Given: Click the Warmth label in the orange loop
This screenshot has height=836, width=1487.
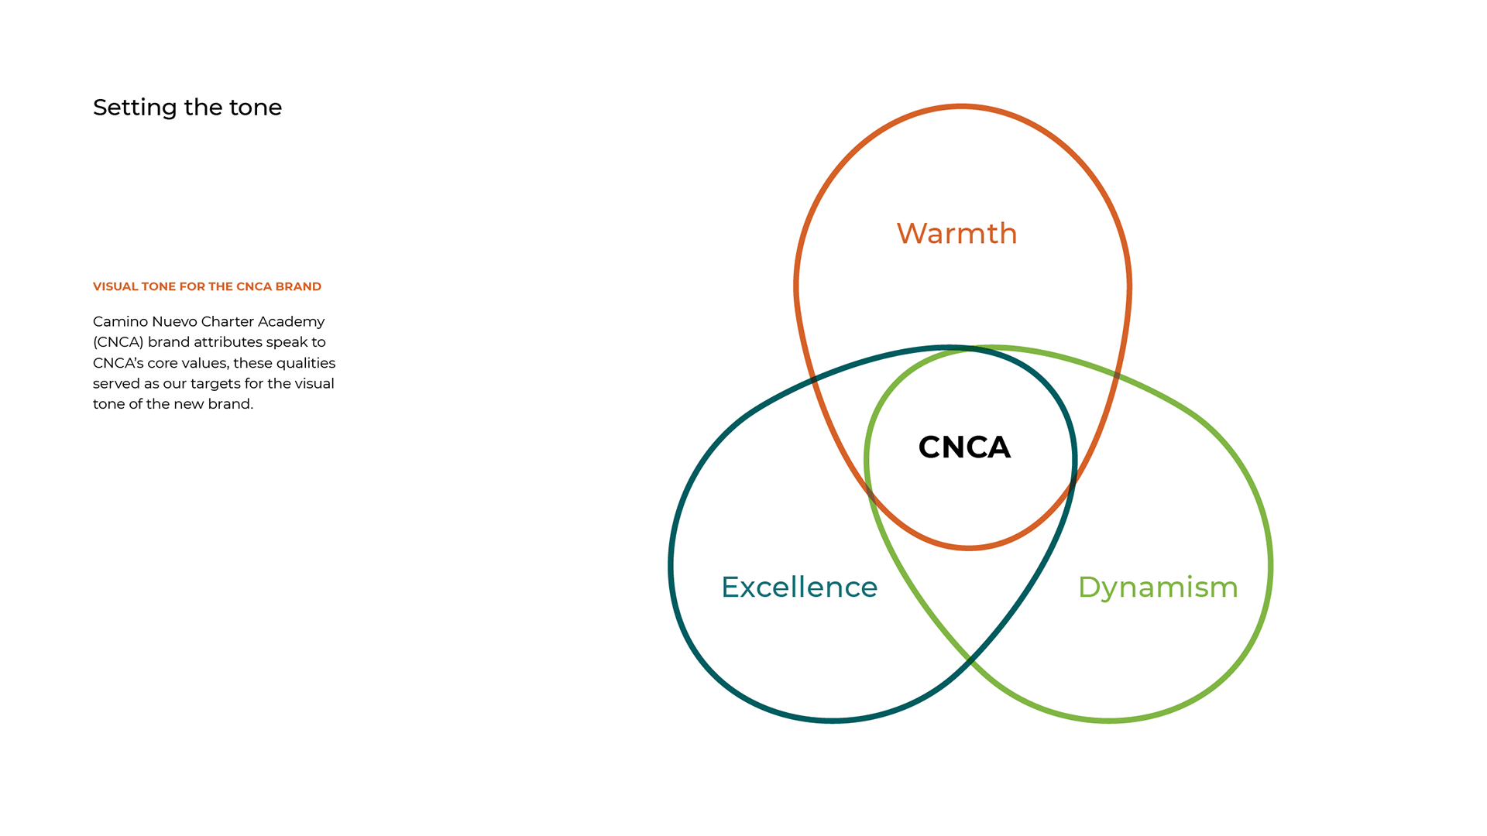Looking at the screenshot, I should [x=956, y=234].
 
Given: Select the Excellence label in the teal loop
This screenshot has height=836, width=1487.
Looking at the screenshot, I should [x=799, y=588].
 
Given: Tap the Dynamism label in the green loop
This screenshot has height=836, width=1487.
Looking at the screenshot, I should [x=1158, y=588].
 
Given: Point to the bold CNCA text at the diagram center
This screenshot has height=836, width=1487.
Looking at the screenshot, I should [x=964, y=447].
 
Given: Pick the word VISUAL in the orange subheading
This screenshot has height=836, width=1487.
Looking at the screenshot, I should [x=115, y=286].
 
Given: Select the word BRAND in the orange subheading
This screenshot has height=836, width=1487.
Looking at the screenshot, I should [x=298, y=286].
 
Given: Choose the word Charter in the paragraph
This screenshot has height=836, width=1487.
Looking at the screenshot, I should [x=227, y=322].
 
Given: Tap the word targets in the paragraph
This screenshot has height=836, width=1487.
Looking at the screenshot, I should [x=215, y=384].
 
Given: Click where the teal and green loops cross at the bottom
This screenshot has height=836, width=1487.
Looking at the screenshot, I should [x=970, y=660].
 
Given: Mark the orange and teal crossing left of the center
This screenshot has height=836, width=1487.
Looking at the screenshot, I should [x=812, y=379].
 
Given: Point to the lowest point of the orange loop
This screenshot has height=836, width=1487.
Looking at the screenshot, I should [x=969, y=548].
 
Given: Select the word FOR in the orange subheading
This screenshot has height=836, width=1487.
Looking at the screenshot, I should [x=192, y=286].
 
